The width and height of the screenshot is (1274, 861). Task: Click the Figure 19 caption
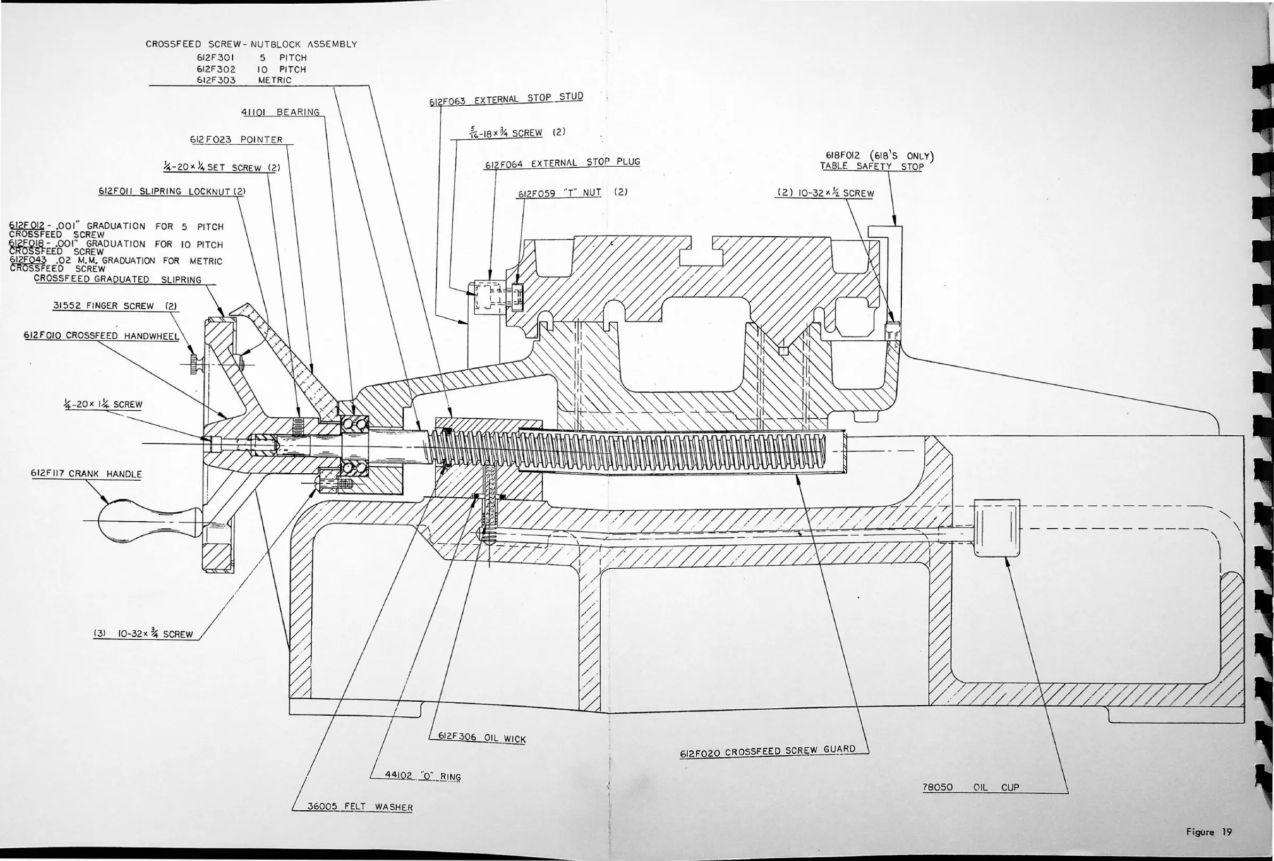(1208, 832)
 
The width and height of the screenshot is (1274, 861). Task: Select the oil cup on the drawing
(997, 528)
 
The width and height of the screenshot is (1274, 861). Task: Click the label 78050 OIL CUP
(970, 787)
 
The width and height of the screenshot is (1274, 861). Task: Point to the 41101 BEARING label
(280, 112)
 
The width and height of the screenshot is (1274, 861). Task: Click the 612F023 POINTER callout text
(236, 140)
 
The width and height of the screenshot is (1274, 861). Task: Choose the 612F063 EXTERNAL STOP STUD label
(506, 99)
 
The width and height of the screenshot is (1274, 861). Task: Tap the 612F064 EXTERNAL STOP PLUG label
(562, 163)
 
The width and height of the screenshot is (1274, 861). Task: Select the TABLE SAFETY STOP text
(871, 167)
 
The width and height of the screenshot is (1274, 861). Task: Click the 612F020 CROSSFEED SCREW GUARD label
(767, 752)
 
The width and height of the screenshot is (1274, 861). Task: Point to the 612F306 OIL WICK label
(481, 738)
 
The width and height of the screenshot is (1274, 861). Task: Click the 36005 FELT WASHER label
(360, 807)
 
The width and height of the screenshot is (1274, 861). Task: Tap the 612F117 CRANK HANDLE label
(86, 474)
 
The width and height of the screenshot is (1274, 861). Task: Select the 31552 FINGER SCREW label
(115, 306)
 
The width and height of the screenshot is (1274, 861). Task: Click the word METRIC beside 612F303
(274, 80)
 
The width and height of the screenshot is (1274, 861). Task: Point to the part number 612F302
(216, 69)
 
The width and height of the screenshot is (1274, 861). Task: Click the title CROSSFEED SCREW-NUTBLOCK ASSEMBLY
(251, 44)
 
